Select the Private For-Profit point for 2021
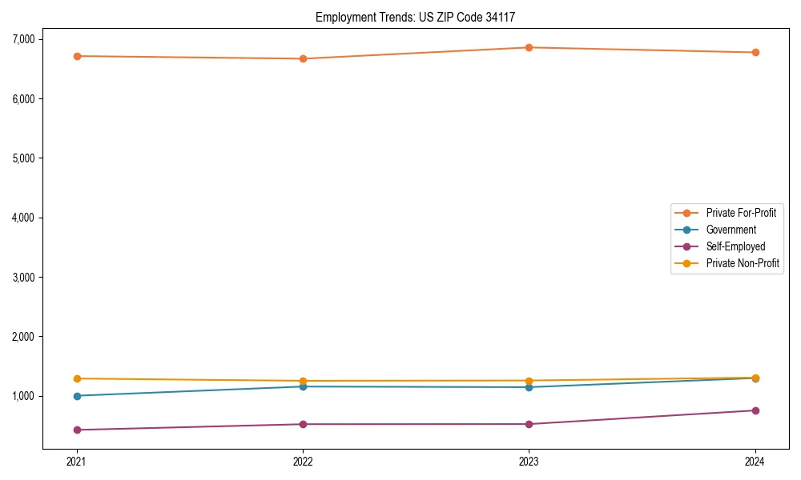77,56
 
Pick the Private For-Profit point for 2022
303,58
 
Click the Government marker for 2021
77,396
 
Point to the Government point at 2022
303,386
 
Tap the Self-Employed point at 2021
77,430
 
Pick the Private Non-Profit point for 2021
77,378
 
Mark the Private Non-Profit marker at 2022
303,381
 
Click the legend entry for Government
731,230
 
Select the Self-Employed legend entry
735,246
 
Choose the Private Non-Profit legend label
743,263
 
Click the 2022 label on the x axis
303,461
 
